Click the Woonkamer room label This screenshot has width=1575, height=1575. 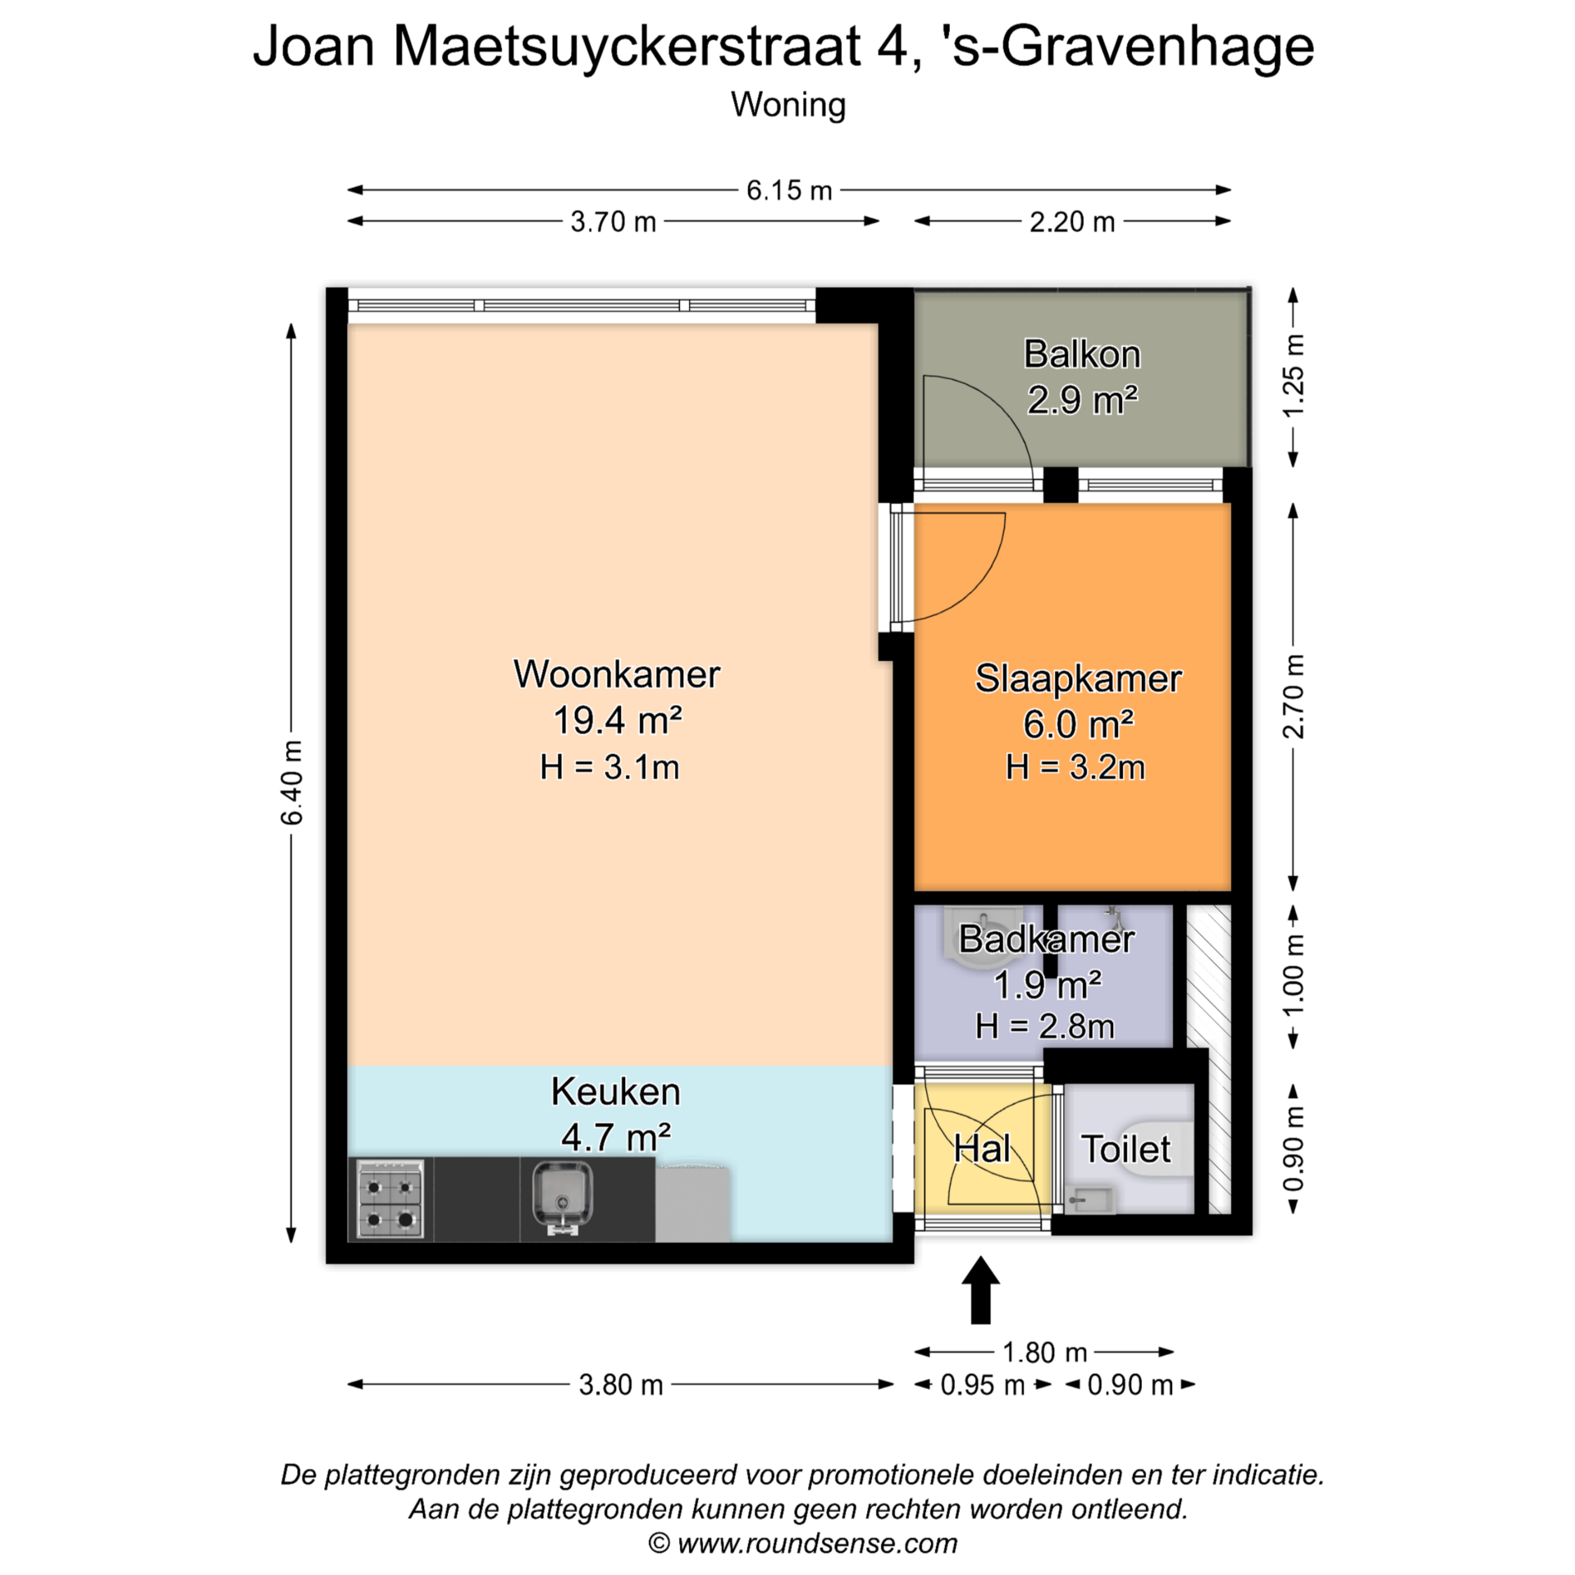tap(616, 674)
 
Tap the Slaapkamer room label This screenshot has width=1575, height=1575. tap(1078, 678)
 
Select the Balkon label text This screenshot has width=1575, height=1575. tap(1082, 354)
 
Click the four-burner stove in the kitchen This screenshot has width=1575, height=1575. tap(390, 1198)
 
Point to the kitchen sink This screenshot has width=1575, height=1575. tap(561, 1197)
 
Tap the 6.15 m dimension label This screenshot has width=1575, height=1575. tap(788, 190)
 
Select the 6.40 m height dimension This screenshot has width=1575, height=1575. tap(291, 782)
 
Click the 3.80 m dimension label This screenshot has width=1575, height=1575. tap(620, 1385)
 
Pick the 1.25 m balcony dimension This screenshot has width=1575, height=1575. tap(1293, 377)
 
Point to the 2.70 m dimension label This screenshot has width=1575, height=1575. tap(1293, 696)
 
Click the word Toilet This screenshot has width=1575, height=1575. tap(1125, 1148)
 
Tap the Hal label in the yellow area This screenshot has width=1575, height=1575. tap(982, 1148)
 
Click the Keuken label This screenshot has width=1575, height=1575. tap(615, 1092)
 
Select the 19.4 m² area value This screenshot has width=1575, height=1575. tap(617, 720)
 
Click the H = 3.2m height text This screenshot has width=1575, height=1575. tap(1075, 767)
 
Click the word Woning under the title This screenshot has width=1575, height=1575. tap(788, 105)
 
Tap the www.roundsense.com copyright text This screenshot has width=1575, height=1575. tap(803, 1543)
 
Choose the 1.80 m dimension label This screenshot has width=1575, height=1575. tap(1044, 1352)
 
